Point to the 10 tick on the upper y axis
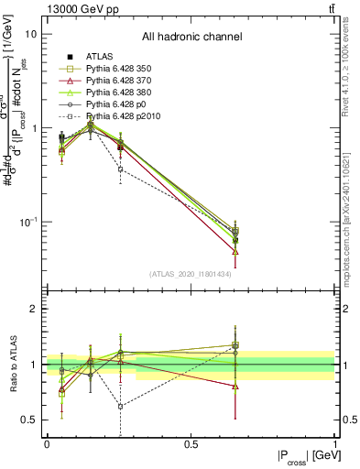tap(30, 34)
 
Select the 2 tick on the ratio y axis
tap(33, 310)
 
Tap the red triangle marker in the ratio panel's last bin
tap(235, 387)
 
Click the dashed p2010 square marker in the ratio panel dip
tap(120, 407)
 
